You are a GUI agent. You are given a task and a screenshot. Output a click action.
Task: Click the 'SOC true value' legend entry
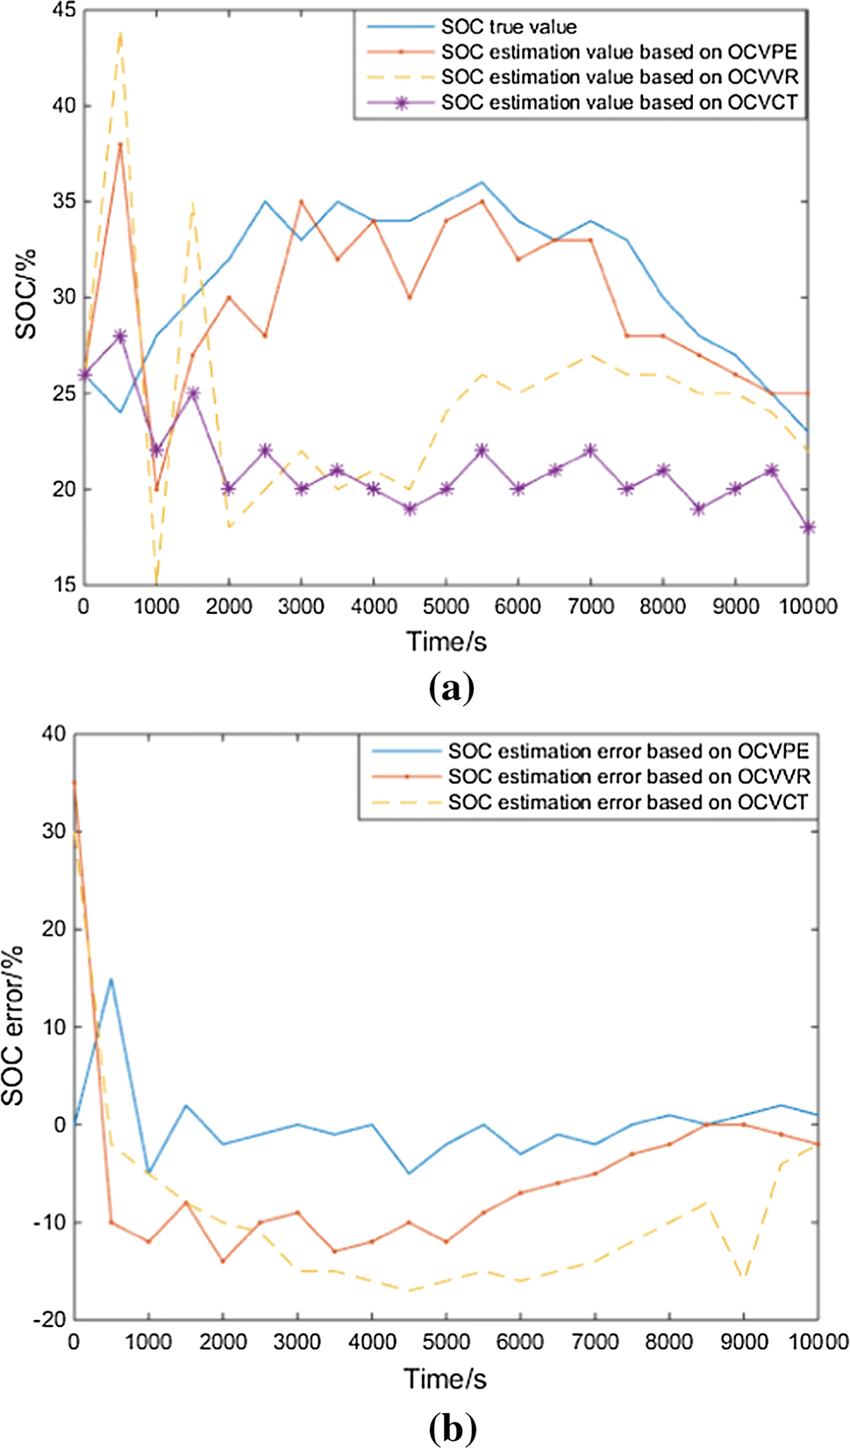[509, 27]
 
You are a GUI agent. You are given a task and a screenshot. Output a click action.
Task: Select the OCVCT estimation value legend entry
[619, 103]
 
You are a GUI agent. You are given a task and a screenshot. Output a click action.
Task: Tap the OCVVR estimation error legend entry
[629, 777]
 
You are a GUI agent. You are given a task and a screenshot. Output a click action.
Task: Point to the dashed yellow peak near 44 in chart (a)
[120, 33]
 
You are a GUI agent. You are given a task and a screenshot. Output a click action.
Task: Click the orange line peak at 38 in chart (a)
[120, 145]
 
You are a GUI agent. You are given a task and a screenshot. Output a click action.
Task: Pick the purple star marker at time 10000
[808, 527]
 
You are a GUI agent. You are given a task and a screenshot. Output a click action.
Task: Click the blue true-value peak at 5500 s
[482, 182]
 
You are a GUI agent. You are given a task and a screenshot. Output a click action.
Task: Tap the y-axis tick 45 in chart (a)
[64, 11]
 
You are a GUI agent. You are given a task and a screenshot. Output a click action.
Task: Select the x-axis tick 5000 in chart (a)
[446, 607]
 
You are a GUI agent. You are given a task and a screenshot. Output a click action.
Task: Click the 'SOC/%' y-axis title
[26, 295]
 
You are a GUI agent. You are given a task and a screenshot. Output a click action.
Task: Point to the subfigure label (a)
[452, 688]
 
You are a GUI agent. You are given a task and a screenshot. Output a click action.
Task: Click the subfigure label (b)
[452, 1428]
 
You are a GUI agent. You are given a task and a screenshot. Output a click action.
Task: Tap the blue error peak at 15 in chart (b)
[111, 979]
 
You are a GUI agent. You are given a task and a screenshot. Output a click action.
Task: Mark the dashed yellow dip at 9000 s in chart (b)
[745, 1280]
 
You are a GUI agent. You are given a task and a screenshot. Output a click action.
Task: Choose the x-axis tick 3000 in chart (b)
[296, 1341]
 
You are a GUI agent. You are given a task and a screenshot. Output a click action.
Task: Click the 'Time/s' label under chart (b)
[445, 1379]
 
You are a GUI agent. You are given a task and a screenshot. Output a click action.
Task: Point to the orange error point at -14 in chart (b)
[223, 1261]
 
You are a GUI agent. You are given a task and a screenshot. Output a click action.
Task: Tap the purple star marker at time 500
[120, 337]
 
